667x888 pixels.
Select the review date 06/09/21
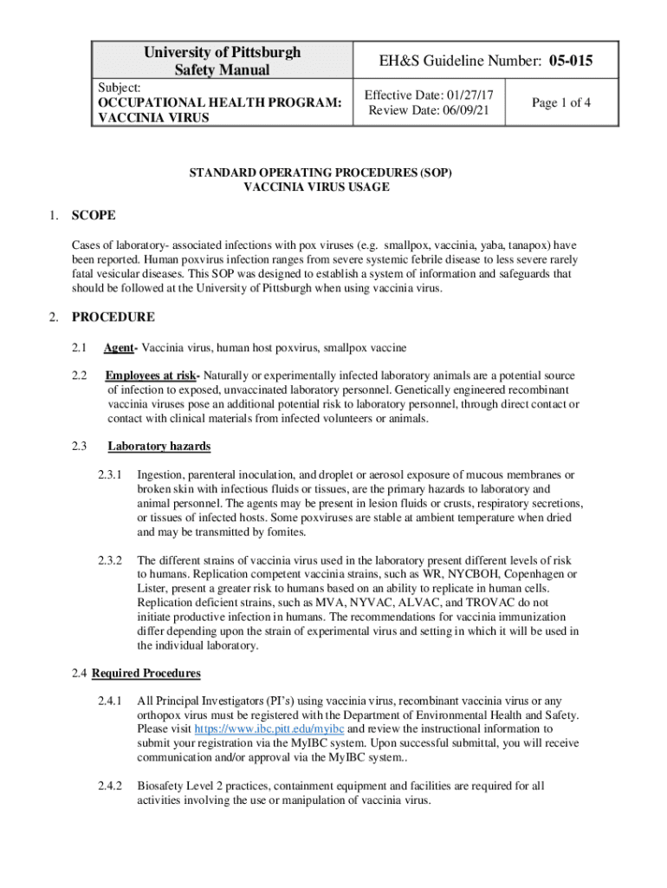(455, 110)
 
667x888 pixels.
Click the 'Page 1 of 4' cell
(561, 102)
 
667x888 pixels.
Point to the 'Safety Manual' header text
(223, 70)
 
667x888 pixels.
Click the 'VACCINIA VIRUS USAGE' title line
(316, 186)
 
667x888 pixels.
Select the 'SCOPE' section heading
(94, 215)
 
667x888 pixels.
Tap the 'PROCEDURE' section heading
(113, 317)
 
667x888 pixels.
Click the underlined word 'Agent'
(120, 348)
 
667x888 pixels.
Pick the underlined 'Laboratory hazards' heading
(159, 447)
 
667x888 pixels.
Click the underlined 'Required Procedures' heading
(146, 673)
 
